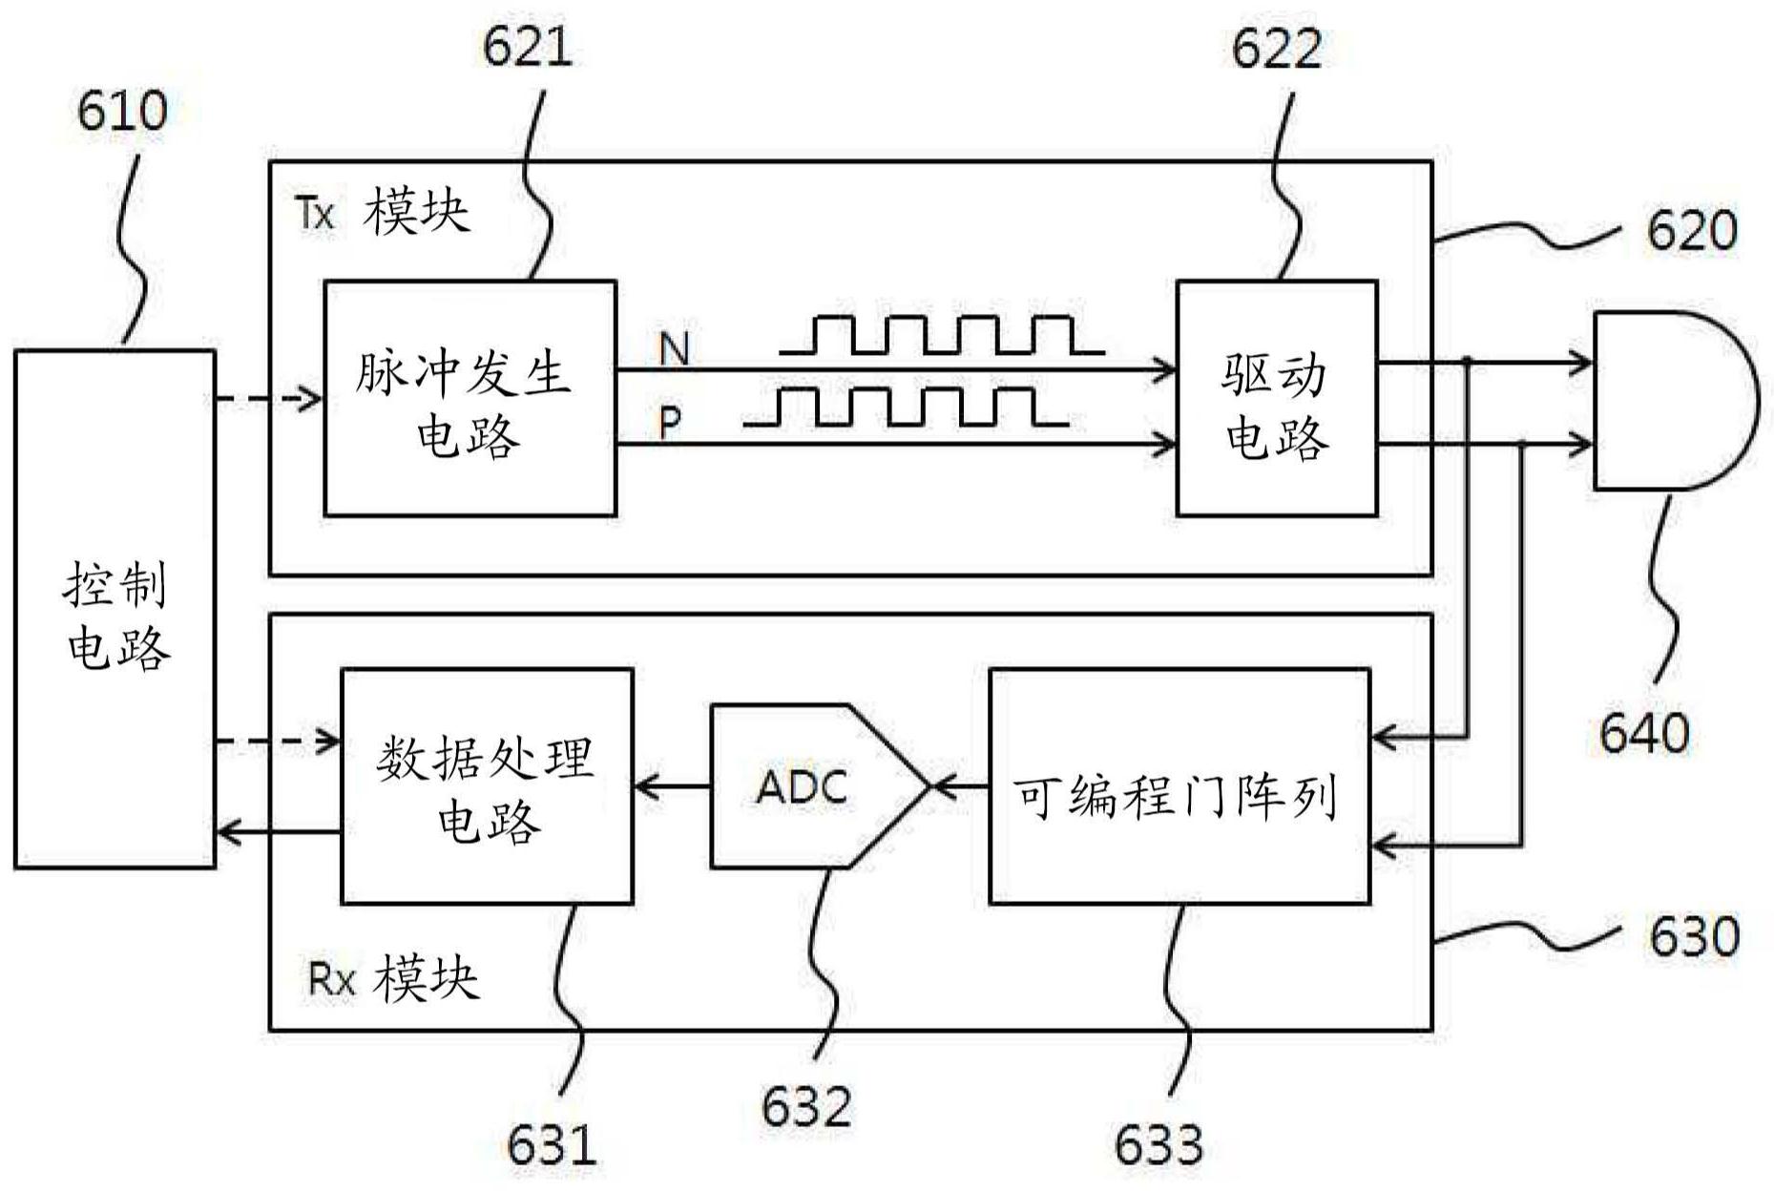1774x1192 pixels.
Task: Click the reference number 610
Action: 122,112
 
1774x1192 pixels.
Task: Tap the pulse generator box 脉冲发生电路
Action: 470,398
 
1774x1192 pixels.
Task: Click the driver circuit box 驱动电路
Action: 1276,398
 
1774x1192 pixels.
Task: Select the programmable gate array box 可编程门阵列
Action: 1179,786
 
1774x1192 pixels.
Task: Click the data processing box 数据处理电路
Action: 487,786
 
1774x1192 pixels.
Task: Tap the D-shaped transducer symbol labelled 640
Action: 1670,401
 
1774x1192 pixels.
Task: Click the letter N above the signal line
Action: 674,348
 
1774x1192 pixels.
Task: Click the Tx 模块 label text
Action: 382,212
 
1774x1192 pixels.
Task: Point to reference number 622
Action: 1276,48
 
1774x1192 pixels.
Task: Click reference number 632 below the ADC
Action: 806,1107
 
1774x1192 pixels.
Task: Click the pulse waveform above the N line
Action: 940,335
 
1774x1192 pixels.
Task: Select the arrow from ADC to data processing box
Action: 672,786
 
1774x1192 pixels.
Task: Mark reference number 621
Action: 528,46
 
